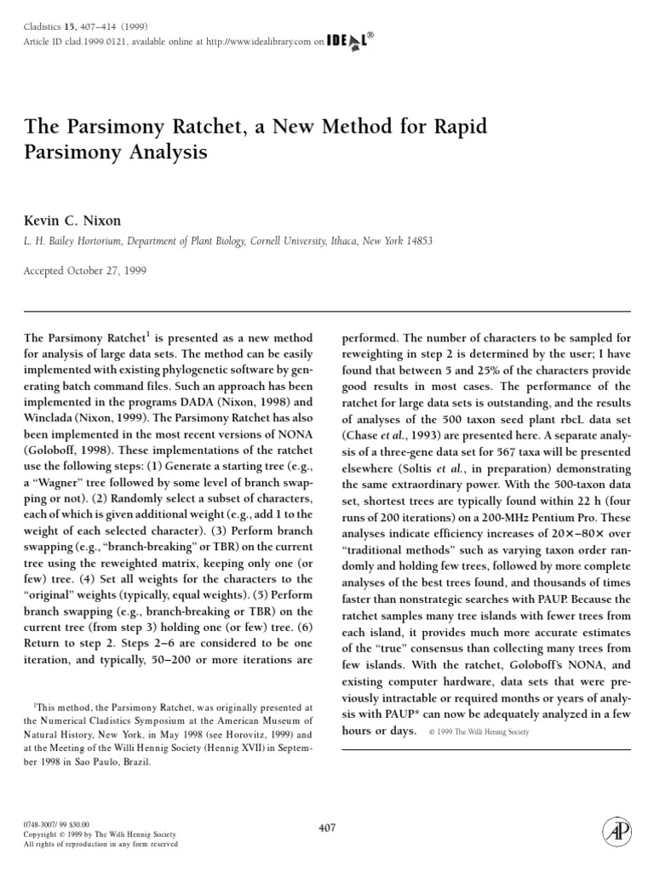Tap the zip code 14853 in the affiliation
coord(417,241)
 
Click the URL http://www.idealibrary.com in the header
coord(255,40)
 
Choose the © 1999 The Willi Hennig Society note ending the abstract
coord(474,731)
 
